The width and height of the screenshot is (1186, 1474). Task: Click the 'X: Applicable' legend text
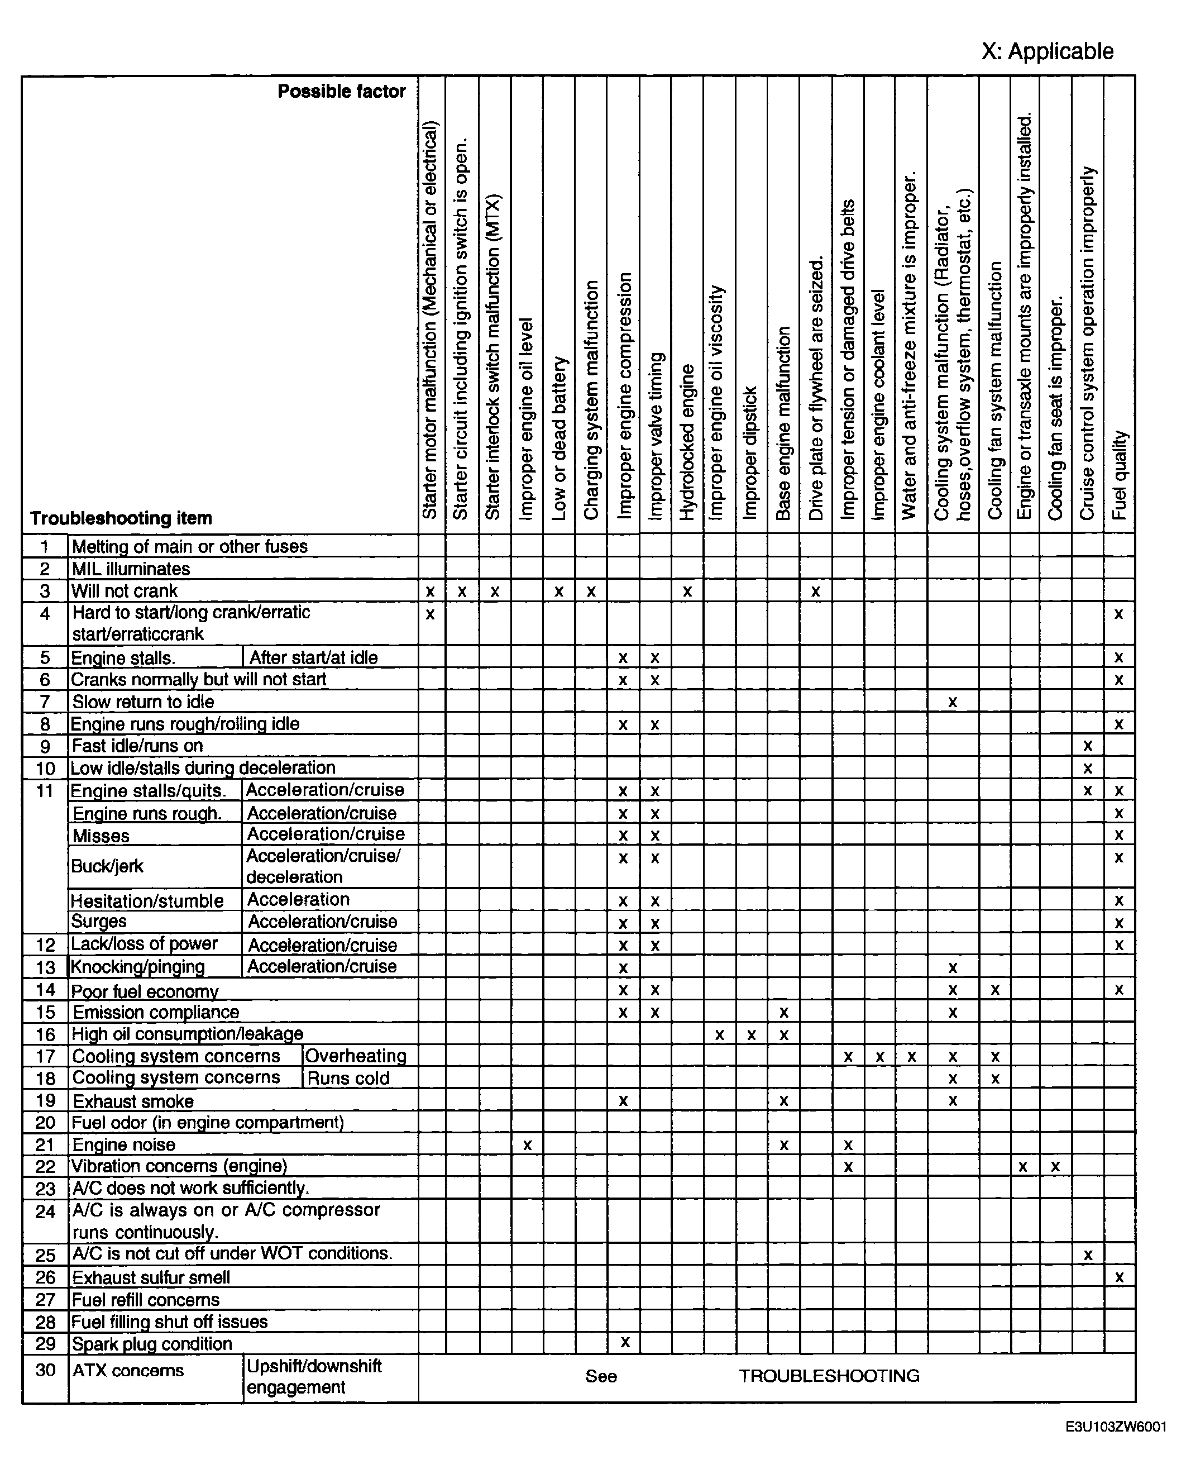click(x=1047, y=51)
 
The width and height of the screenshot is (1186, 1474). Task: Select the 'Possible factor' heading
click(x=341, y=92)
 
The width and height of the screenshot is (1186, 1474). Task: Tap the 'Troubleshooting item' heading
click(x=121, y=518)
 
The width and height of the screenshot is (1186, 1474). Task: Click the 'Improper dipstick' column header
click(x=750, y=452)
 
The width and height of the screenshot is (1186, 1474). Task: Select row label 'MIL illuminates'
click(x=131, y=569)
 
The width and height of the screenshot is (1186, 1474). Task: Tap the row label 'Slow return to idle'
click(x=143, y=702)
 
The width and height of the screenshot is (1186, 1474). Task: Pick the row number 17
click(x=45, y=1056)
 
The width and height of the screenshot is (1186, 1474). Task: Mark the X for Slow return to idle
click(x=952, y=702)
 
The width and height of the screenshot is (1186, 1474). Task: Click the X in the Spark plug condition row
click(x=624, y=1342)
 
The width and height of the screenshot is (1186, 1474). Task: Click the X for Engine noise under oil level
click(x=527, y=1144)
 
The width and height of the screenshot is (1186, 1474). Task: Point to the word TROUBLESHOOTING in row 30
click(x=829, y=1376)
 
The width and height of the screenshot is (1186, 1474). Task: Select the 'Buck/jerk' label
click(x=107, y=866)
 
